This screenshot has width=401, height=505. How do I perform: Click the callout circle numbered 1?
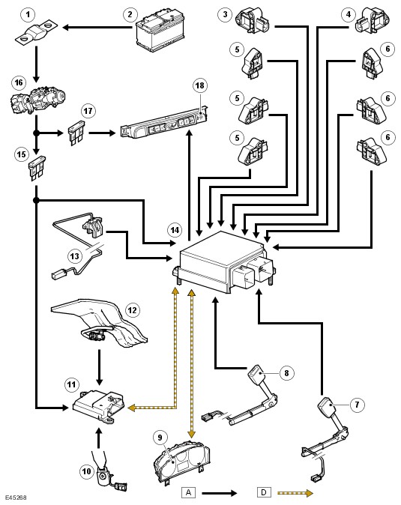(x=28, y=14)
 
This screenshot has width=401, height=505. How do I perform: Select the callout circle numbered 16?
(x=19, y=82)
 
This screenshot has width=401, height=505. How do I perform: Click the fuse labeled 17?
(x=76, y=133)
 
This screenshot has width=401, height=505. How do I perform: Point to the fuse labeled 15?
(x=37, y=168)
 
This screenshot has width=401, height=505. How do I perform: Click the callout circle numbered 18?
(x=200, y=85)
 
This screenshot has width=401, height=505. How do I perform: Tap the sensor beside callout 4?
(x=372, y=20)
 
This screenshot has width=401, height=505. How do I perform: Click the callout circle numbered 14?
(x=175, y=230)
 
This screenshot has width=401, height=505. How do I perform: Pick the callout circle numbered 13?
(x=74, y=256)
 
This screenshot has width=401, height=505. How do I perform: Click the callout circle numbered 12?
(x=133, y=310)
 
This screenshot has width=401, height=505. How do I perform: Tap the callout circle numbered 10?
(x=86, y=472)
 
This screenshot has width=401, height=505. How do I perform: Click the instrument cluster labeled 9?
(x=182, y=463)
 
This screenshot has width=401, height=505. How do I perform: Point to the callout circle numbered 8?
(x=286, y=373)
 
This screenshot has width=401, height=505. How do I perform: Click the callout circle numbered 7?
(x=358, y=404)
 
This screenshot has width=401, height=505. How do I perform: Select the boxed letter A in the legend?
(x=188, y=492)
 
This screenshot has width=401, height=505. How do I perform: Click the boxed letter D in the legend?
(x=264, y=492)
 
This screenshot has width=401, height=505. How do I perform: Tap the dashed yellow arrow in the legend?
(x=295, y=493)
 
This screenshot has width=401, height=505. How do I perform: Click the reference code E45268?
(x=16, y=498)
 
